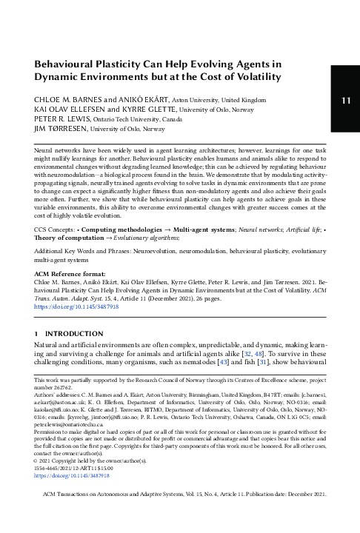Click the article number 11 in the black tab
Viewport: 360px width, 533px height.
(x=346, y=100)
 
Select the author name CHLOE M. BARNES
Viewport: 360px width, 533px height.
(x=67, y=99)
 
